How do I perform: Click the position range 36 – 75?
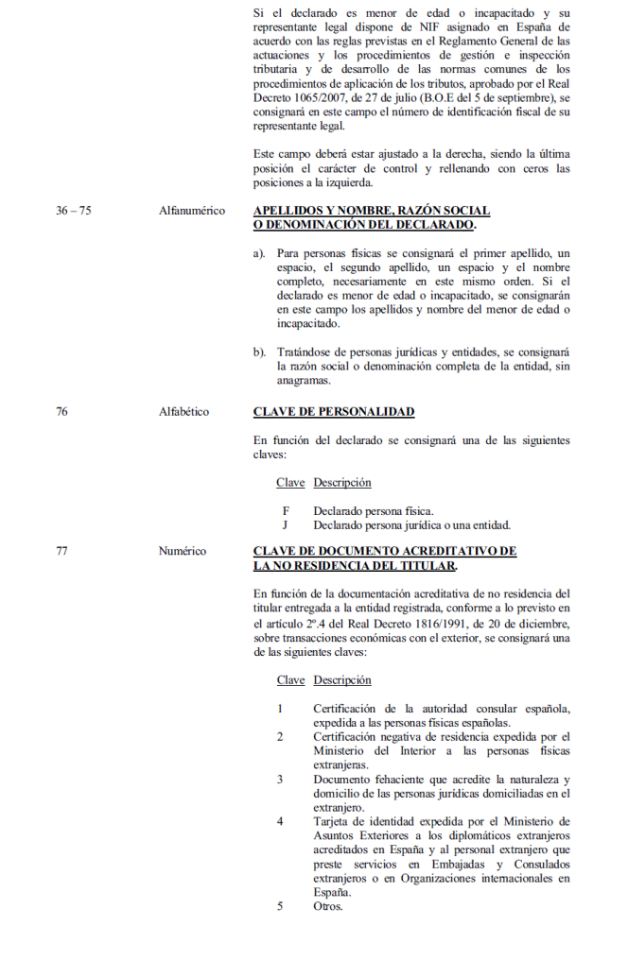click(x=73, y=211)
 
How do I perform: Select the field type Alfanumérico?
click(x=192, y=211)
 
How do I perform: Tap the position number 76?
click(x=61, y=412)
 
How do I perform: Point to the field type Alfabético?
click(x=184, y=412)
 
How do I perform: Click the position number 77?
click(x=61, y=551)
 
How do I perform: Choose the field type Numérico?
click(x=183, y=551)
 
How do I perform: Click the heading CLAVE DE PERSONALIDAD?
click(x=334, y=412)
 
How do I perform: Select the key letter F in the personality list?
click(x=285, y=510)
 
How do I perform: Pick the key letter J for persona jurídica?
click(x=285, y=524)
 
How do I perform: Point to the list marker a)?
click(x=259, y=253)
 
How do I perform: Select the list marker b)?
click(x=259, y=352)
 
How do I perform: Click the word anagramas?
click(x=304, y=381)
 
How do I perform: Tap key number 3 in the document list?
click(x=280, y=780)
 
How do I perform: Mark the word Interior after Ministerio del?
click(x=388, y=750)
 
